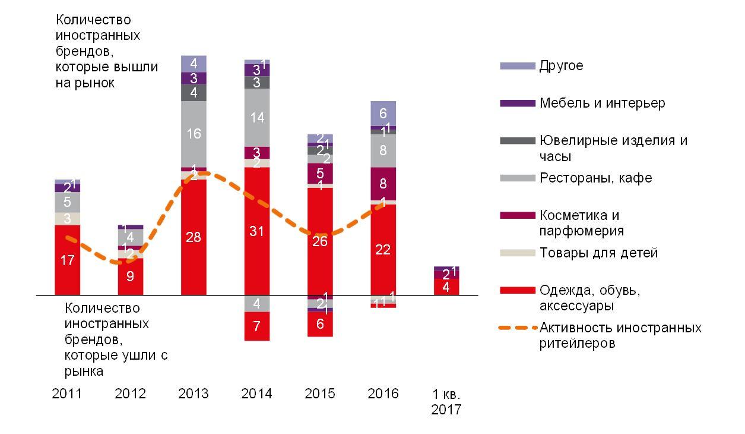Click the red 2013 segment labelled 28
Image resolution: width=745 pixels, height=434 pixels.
pyautogui.click(x=194, y=237)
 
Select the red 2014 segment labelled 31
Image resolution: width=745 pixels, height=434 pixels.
pyautogui.click(x=256, y=231)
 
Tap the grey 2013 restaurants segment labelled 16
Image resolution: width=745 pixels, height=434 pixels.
pyautogui.click(x=194, y=134)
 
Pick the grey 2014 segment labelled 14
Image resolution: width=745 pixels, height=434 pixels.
pyautogui.click(x=256, y=118)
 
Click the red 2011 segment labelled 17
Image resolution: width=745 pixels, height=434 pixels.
pyautogui.click(x=68, y=260)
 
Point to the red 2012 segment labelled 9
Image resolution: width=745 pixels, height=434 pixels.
pyautogui.click(x=131, y=276)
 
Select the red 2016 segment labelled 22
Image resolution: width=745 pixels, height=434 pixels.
pyautogui.click(x=383, y=250)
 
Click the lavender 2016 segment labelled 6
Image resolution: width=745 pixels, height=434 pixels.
pyautogui.click(x=383, y=113)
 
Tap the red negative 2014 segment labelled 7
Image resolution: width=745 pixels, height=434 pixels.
pyautogui.click(x=256, y=326)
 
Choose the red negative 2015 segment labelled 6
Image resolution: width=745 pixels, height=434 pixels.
pyautogui.click(x=320, y=324)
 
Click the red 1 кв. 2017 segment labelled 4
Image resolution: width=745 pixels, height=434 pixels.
pyautogui.click(x=446, y=287)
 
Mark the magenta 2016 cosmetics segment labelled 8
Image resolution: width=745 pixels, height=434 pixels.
pyautogui.click(x=383, y=184)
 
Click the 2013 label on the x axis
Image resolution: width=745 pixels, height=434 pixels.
pyautogui.click(x=194, y=394)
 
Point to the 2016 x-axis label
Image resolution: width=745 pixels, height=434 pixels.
pyautogui.click(x=383, y=394)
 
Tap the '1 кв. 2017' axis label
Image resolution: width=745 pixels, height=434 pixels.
pyautogui.click(x=446, y=402)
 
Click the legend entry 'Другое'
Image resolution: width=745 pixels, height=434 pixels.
pyautogui.click(x=561, y=65)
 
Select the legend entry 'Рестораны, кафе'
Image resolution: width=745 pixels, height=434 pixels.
pyautogui.click(x=595, y=178)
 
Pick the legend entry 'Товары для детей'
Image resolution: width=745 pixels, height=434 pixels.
pyautogui.click(x=598, y=253)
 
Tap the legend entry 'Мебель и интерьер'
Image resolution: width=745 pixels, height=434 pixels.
pyautogui.click(x=602, y=103)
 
